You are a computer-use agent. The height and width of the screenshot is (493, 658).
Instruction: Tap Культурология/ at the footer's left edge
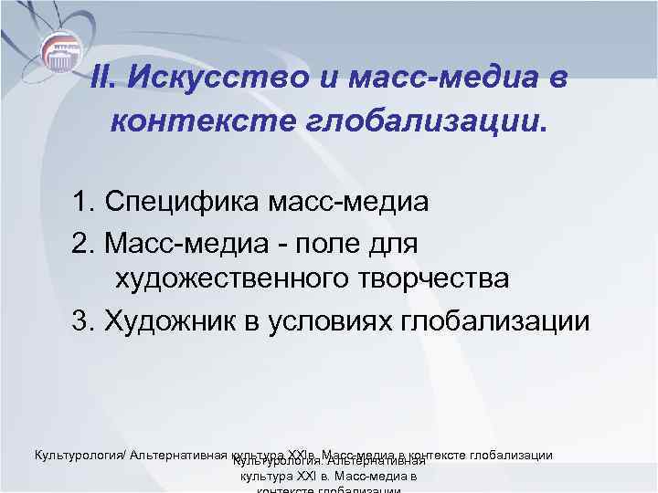(79, 455)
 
